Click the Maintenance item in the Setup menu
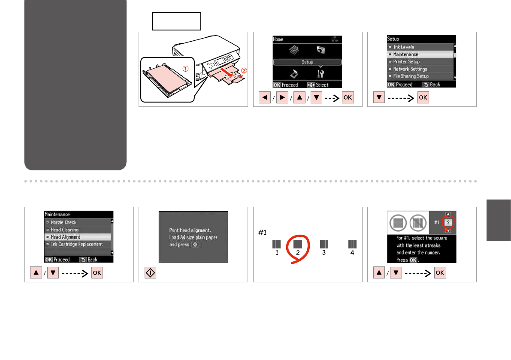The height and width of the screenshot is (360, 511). pyautogui.click(x=405, y=54)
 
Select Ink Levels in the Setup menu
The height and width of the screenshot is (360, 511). pyautogui.click(x=403, y=47)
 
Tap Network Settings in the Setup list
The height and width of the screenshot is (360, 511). pyautogui.click(x=410, y=69)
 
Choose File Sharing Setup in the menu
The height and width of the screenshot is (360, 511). pyautogui.click(x=411, y=76)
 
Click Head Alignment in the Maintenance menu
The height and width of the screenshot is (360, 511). pyautogui.click(x=65, y=237)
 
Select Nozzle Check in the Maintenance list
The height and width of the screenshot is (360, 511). pyautogui.click(x=63, y=223)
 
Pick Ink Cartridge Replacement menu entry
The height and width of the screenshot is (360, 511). pyautogui.click(x=76, y=244)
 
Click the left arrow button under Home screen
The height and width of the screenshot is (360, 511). pyautogui.click(x=265, y=97)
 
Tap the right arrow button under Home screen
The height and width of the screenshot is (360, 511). pyautogui.click(x=282, y=97)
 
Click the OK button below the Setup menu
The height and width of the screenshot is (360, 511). pyautogui.click(x=423, y=97)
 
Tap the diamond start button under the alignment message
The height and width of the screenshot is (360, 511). pyautogui.click(x=150, y=273)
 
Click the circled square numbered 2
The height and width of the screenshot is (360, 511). pyautogui.click(x=297, y=244)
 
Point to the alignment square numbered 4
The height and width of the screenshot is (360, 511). pyautogui.click(x=352, y=244)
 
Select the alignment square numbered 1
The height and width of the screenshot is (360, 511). pyautogui.click(x=276, y=244)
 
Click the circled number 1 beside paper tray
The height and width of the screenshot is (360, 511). pyautogui.click(x=185, y=69)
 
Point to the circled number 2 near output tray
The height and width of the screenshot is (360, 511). pyautogui.click(x=244, y=70)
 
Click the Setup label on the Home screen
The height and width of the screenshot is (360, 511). pyautogui.click(x=307, y=62)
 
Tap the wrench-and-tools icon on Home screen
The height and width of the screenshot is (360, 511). pyautogui.click(x=321, y=74)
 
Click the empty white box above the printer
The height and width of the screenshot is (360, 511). pyautogui.click(x=176, y=21)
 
